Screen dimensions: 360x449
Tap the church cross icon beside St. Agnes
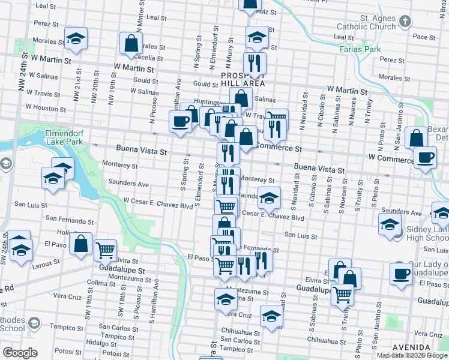pos(405,23)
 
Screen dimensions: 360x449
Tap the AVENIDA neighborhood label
pos(411,347)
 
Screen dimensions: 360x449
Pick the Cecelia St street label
pos(146,58)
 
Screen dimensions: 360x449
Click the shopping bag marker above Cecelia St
pos(131,44)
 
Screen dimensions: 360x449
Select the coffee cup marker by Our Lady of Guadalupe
pos(401,274)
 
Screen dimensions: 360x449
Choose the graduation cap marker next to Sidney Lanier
pos(390,225)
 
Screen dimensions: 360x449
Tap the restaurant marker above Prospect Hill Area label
pos(255,62)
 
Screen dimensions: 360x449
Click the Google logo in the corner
pos(20,353)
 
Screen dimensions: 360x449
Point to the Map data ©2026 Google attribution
pos(412,355)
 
